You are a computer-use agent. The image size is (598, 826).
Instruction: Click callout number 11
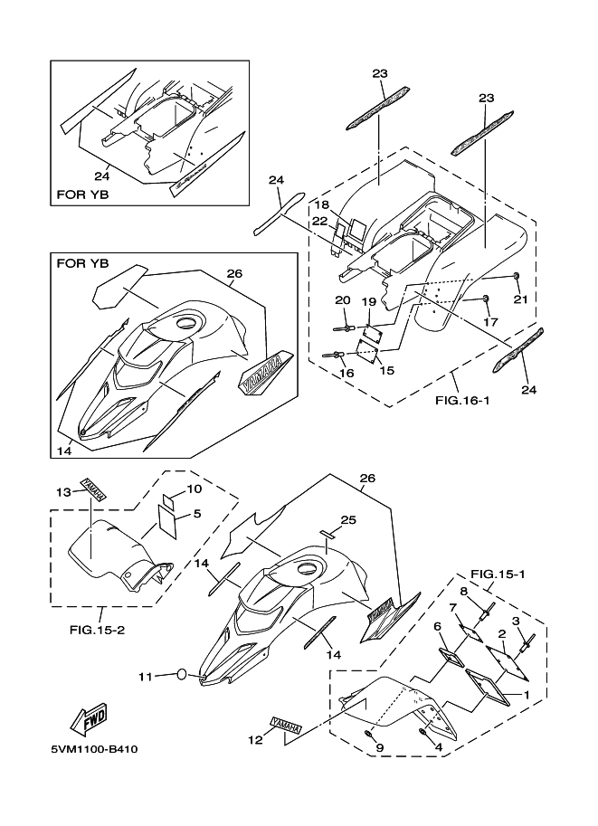[145, 675]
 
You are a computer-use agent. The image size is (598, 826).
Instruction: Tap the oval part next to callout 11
[182, 675]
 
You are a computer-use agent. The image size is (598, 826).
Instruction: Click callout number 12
[255, 740]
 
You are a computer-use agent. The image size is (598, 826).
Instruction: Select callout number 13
[63, 492]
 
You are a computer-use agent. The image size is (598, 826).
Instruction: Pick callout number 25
[348, 520]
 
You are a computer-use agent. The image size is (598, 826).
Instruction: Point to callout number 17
[489, 320]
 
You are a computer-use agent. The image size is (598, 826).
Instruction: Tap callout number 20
[341, 300]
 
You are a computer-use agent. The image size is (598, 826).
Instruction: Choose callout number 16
[346, 372]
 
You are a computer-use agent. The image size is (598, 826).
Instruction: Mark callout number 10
[195, 489]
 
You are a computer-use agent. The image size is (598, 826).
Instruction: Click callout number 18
[322, 205]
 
